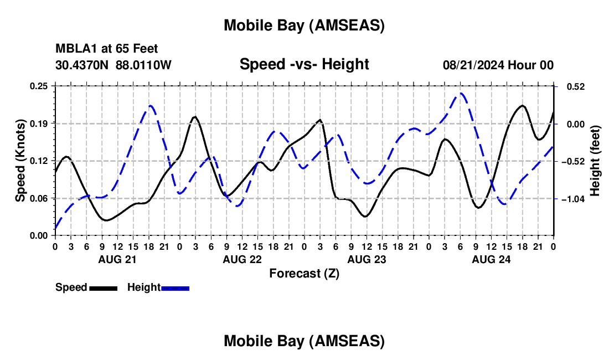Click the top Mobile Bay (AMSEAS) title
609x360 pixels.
(304, 25)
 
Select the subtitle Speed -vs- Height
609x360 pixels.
(304, 64)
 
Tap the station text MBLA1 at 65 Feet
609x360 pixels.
(107, 49)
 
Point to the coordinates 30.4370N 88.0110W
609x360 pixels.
(113, 65)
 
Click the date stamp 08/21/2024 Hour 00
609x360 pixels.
(498, 65)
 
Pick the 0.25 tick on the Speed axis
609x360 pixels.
(40, 86)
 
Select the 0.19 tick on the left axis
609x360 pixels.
(40, 124)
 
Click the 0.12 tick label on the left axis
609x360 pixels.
(40, 161)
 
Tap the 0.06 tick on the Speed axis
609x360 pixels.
(40, 198)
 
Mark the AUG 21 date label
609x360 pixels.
(117, 259)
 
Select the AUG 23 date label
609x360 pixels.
(367, 259)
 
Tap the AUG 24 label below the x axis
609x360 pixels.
(491, 259)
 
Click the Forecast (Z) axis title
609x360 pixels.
(304, 273)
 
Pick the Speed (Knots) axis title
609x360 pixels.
(20, 161)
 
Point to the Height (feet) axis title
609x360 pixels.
(595, 161)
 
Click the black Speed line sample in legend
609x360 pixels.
(103, 288)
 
